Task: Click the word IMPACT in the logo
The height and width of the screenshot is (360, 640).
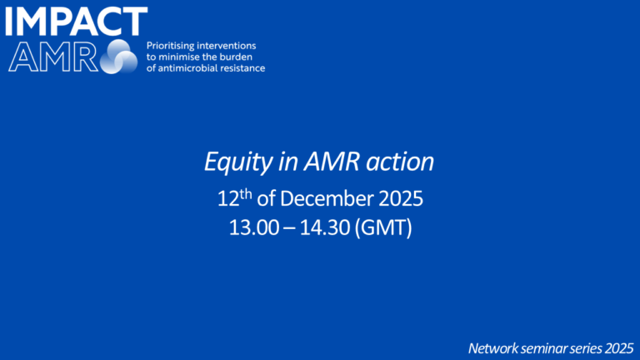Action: (x=76, y=21)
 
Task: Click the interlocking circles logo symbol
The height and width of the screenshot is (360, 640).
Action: (x=120, y=56)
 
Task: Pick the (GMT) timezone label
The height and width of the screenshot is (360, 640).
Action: (x=383, y=227)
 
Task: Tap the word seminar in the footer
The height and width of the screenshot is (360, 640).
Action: (x=545, y=346)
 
